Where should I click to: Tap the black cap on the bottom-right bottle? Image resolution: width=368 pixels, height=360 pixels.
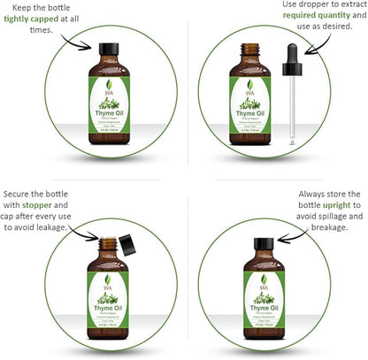pos(261,244)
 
